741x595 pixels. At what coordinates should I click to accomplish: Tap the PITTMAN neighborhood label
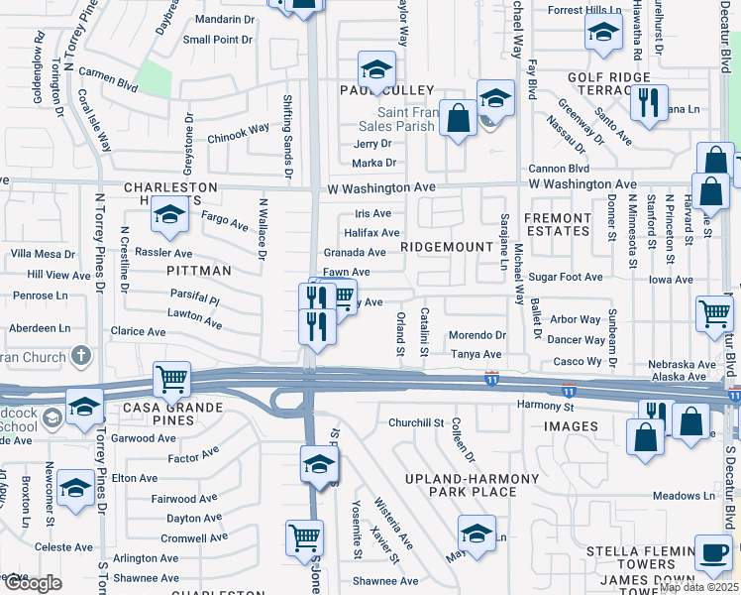click(x=198, y=270)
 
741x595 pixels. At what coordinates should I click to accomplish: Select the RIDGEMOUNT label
click(x=447, y=246)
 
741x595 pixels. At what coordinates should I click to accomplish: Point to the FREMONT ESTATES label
click(x=557, y=224)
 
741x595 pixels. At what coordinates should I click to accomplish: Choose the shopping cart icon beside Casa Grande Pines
click(x=172, y=379)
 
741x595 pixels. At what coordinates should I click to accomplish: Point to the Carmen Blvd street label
click(x=108, y=86)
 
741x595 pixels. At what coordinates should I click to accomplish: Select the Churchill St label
click(x=415, y=422)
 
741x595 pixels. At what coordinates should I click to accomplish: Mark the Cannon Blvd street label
click(x=558, y=169)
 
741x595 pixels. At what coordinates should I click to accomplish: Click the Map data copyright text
click(x=698, y=587)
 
